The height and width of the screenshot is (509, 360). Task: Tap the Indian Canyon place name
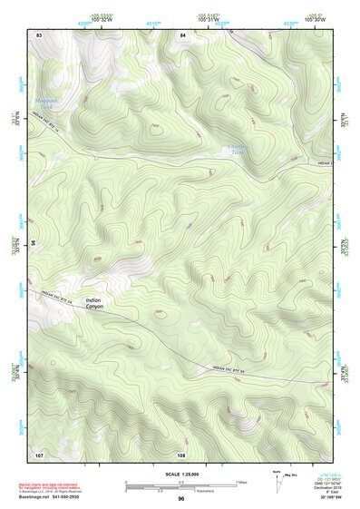point(95,304)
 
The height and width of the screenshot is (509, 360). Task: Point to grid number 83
point(39,34)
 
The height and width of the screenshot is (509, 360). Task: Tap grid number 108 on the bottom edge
point(181,454)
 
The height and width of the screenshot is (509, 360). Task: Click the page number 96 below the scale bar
point(181,498)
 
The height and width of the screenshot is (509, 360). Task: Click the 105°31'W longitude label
point(209,18)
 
